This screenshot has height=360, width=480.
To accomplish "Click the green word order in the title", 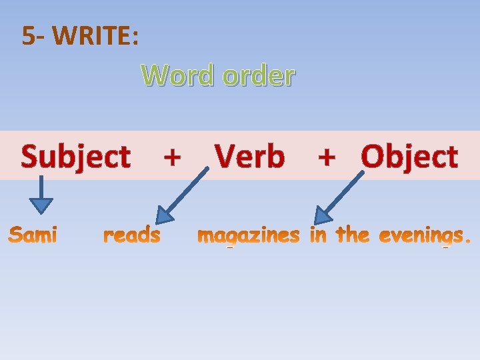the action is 258,76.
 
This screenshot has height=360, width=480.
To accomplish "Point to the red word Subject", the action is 75,157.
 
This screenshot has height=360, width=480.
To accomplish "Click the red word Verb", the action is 250,157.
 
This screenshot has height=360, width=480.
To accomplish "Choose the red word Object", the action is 409,157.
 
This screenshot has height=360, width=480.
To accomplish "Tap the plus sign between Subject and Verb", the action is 172,157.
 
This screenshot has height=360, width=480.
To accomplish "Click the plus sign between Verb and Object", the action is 327,157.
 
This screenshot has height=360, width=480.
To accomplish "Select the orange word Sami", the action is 33,235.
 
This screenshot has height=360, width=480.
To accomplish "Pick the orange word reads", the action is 132,235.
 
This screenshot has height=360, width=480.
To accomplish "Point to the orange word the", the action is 352,235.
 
